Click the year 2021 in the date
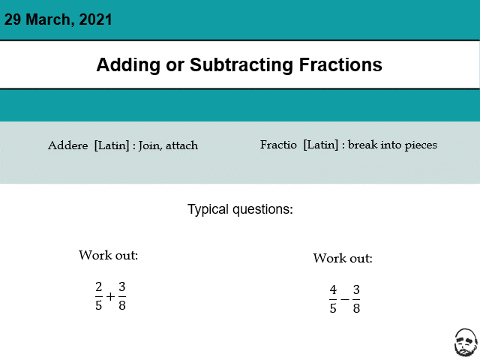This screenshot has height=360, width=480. coord(95,19)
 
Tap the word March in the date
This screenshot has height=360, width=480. coord(49,19)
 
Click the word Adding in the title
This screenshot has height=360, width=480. coord(128,65)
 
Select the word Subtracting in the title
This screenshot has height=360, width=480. coord(241,65)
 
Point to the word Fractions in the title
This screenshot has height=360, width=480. coord(340,64)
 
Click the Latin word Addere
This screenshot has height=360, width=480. coord(67,145)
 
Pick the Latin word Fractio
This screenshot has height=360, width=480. coord(278,145)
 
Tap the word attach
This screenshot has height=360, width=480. coord(181,145)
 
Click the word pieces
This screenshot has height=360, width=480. coord(421,145)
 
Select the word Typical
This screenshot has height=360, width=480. coord(208,210)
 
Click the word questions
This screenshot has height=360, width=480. coord(262,210)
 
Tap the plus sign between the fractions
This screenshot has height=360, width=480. coord(110,296)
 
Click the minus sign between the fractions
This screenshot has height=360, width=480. coord(345,298)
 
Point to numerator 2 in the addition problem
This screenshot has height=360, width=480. coord(98,286)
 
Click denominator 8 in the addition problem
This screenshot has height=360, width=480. coord(122,305)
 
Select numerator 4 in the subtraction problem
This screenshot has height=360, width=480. coord(333,289)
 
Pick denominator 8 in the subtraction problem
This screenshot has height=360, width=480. coord(356,308)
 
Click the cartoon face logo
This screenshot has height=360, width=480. coord(466,343)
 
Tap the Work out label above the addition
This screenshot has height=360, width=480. coord(108,255)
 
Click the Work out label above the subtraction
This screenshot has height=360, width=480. coord(343,258)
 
